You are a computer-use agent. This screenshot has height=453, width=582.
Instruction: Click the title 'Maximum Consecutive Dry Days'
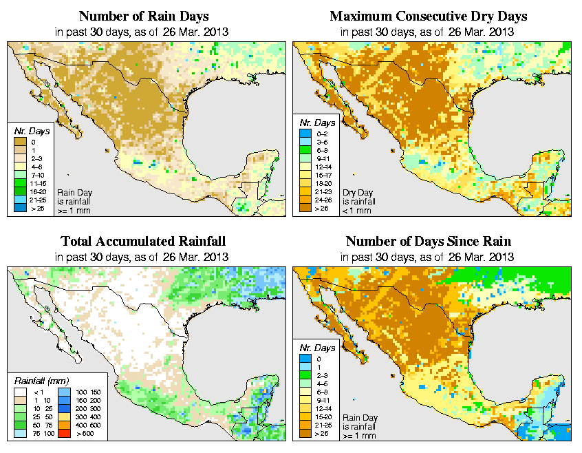click(428, 16)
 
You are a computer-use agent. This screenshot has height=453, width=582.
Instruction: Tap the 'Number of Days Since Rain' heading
click(428, 242)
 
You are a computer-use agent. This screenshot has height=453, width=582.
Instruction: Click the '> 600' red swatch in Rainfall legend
click(64, 434)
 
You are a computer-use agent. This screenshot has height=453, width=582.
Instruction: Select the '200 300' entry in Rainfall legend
click(64, 409)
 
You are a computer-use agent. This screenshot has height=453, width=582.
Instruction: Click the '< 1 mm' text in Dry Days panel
click(357, 210)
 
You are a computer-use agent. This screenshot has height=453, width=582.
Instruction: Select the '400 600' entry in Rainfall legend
click(64, 425)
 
